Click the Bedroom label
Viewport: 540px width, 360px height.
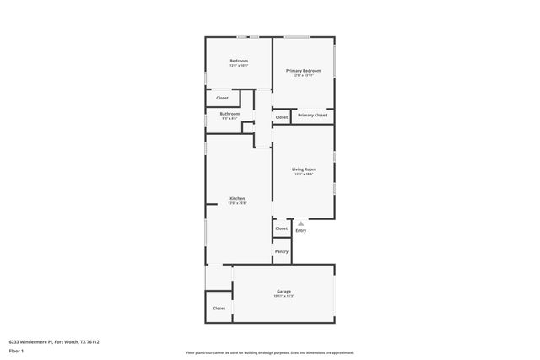coord(239,61)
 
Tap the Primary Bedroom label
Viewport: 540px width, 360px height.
coord(303,71)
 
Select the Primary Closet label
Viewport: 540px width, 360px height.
coord(312,115)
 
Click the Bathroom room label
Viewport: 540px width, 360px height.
coord(230,114)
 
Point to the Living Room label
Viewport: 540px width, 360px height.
coord(304,169)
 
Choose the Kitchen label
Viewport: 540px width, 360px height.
coord(237,198)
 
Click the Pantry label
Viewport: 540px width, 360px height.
coord(282,251)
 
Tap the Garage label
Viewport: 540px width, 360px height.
coord(283,291)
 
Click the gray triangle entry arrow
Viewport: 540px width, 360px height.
coord(300,223)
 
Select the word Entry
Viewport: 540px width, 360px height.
coord(301,230)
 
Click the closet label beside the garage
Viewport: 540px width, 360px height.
coord(219,308)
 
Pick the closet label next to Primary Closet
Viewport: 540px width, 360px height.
coord(282,117)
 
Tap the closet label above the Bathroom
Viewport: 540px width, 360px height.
coord(222,98)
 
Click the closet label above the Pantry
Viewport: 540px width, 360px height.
coord(282,228)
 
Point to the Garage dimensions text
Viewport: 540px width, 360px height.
coord(283,296)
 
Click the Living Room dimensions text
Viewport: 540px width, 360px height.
coord(304,175)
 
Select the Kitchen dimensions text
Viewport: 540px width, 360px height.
coord(237,203)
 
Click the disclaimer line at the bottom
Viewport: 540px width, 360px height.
coord(270,352)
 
